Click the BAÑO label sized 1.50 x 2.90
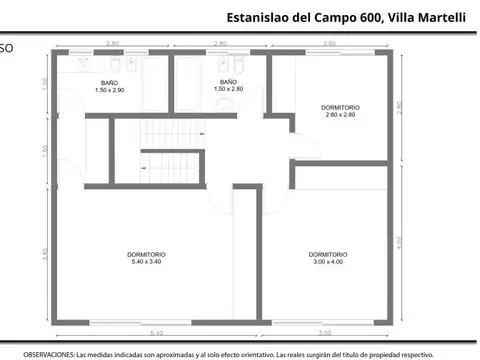pyautogui.click(x=109, y=86)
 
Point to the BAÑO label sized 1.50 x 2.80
pyautogui.click(x=228, y=86)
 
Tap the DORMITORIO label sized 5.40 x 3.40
pyautogui.click(x=147, y=258)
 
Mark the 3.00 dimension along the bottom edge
pyautogui.click(x=325, y=333)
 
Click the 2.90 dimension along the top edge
pyautogui.click(x=113, y=44)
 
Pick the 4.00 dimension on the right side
pyautogui.click(x=400, y=242)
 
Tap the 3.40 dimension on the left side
pyautogui.click(x=45, y=252)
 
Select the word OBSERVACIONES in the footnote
pyautogui.click(x=47, y=354)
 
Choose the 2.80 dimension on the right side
pyautogui.click(x=400, y=108)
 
